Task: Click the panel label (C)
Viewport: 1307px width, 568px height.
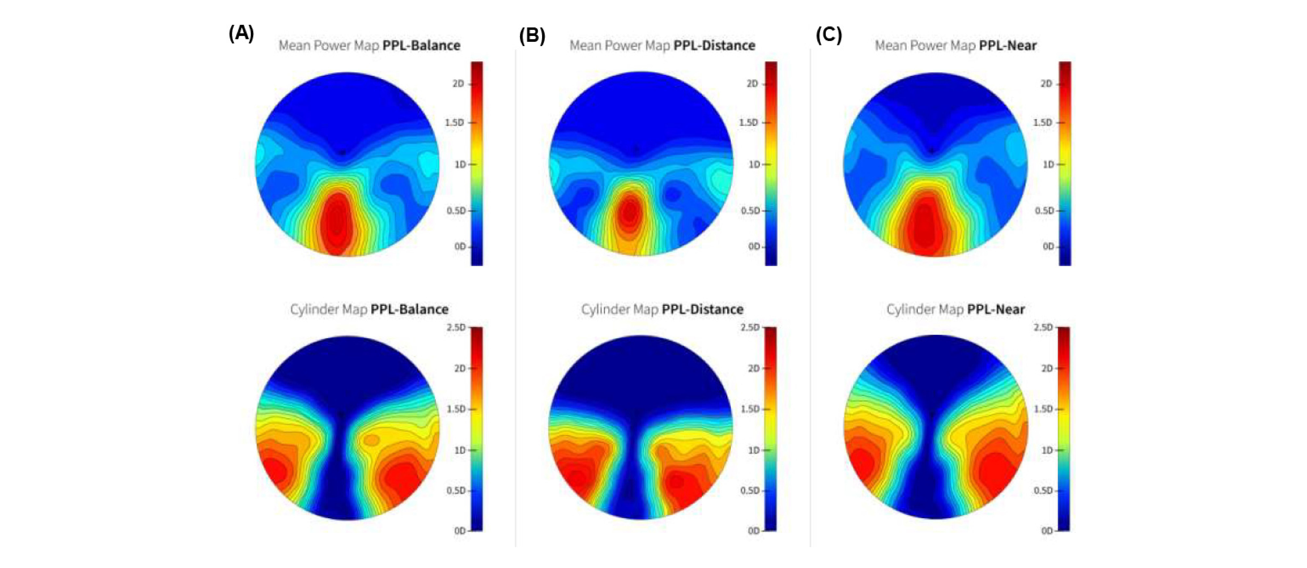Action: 828,35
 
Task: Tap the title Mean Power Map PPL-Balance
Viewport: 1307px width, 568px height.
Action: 369,46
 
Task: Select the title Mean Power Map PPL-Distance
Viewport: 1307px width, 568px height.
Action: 662,46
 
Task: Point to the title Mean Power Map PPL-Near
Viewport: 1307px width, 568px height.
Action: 955,46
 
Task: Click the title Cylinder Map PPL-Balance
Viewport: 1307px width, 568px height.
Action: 369,309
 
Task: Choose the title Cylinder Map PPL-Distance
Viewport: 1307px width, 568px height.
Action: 662,309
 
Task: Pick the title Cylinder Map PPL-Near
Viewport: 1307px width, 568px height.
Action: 955,309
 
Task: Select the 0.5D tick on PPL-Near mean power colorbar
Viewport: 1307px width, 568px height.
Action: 1045,211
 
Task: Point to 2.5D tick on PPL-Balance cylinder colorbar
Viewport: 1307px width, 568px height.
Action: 457,328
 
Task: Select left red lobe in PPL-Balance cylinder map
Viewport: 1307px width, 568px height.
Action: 274,469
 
